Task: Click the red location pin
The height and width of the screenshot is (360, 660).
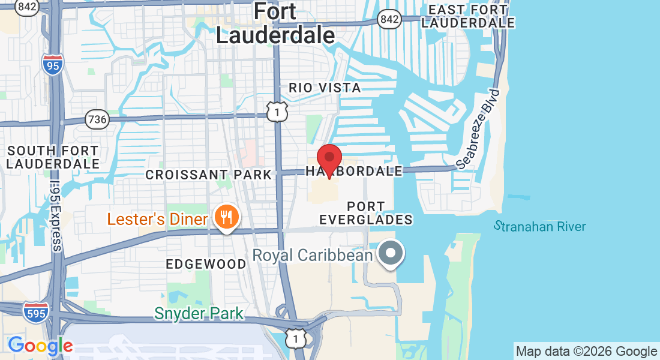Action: pos(329,158)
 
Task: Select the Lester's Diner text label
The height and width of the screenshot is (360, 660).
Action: pos(157,219)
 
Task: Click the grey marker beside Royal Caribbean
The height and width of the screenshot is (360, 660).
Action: pos(392,253)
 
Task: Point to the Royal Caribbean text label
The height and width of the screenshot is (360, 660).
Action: pos(312,255)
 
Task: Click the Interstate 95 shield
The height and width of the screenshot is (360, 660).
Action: pos(53,63)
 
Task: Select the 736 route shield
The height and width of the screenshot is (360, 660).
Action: pos(97,119)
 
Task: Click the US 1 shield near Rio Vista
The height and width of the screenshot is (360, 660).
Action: pos(278,111)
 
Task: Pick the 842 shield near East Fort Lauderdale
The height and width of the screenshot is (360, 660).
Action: pos(389,19)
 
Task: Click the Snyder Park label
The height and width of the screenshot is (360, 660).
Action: pos(199,313)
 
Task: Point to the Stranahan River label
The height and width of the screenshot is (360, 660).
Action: pos(539,226)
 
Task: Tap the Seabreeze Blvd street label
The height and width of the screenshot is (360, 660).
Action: pos(478,128)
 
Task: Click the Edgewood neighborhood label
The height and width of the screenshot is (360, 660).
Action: pos(206,264)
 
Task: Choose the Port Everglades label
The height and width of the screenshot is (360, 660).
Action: pos(366,213)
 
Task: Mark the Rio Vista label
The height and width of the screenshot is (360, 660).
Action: pos(325,88)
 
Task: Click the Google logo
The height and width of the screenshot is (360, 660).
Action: pos(40,346)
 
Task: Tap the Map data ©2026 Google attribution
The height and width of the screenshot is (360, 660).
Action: pos(587,352)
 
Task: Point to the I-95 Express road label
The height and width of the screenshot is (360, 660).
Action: pos(56,216)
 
